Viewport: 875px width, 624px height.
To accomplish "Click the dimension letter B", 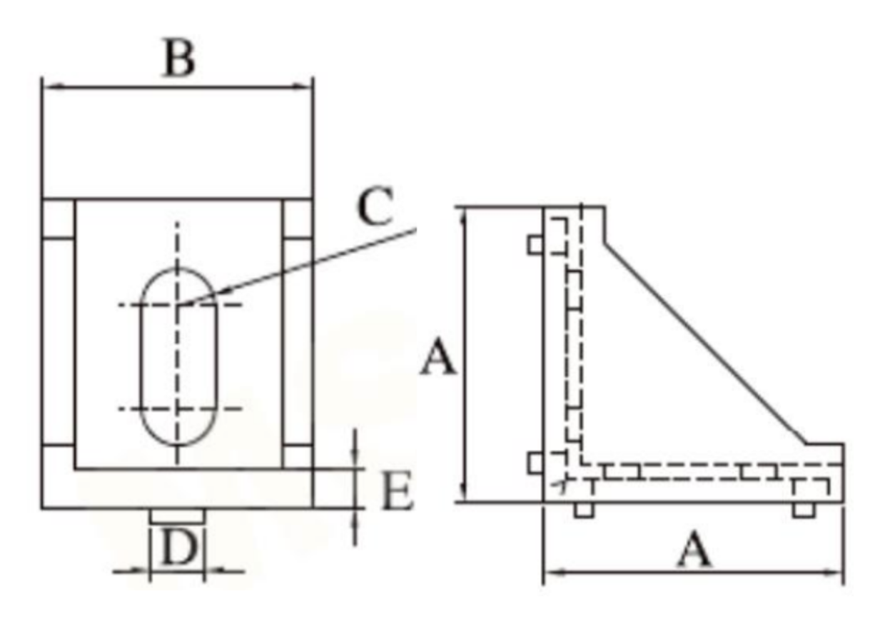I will coord(178,60).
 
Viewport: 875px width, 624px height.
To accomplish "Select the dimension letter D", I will coord(177,550).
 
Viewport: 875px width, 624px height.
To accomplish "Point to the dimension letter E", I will coord(397,493).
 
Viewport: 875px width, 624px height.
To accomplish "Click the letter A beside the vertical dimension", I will coord(437,358).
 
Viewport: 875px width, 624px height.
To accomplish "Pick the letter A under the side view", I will coord(693,551).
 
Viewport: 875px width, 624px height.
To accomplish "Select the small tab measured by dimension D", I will coord(177,515).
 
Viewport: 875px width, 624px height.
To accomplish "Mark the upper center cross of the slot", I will coord(178,306).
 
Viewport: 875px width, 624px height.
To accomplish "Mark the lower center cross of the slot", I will coord(178,409).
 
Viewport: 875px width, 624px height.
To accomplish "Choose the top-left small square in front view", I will coord(59,220).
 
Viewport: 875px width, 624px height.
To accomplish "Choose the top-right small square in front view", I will coord(297,220).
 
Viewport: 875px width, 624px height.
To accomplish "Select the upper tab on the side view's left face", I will coord(535,245).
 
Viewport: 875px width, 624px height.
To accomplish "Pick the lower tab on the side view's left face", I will coord(535,463).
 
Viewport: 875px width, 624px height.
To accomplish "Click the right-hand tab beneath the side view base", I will coord(804,509).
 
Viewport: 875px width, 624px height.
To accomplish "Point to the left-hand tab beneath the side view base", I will coord(584,509).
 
